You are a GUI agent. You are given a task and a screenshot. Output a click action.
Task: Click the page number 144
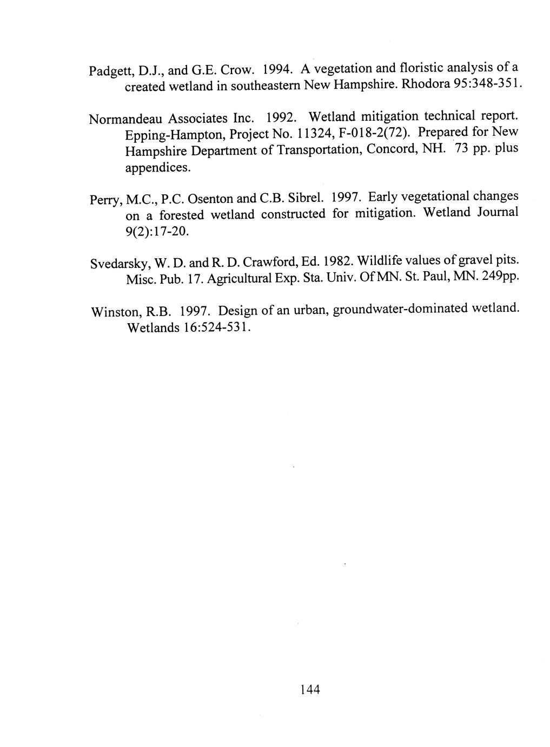[310, 689]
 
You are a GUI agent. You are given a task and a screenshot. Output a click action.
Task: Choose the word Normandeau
[125, 118]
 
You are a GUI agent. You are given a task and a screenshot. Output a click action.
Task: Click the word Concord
[387, 148]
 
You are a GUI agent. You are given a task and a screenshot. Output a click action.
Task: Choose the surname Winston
[113, 312]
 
